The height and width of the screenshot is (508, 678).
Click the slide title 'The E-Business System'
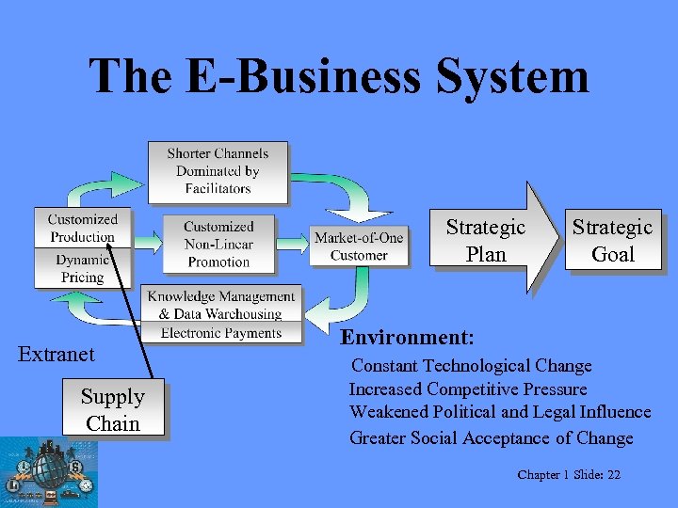point(339,75)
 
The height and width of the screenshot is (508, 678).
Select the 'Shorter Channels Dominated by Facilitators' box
point(218,170)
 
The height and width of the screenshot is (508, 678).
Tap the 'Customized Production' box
point(83,228)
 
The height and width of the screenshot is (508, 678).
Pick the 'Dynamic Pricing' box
point(83,268)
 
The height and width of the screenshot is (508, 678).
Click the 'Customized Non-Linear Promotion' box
point(218,244)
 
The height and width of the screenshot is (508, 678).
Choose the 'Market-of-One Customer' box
point(359,246)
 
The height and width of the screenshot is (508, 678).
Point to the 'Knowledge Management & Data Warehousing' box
point(220,305)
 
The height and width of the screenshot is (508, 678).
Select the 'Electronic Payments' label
point(220,333)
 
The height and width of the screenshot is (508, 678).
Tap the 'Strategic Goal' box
point(612,241)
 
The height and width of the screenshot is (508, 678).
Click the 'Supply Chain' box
point(113,409)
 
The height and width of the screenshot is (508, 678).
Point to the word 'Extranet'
point(57,354)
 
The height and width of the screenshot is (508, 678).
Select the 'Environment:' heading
point(407,337)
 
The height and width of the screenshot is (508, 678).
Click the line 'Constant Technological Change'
point(471,366)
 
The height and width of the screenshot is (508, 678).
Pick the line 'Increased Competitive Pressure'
point(468,389)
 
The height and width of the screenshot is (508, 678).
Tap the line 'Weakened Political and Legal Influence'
point(500,411)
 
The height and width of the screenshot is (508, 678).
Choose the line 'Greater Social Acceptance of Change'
point(491,437)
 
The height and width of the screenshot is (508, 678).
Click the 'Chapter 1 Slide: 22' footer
point(569,475)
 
